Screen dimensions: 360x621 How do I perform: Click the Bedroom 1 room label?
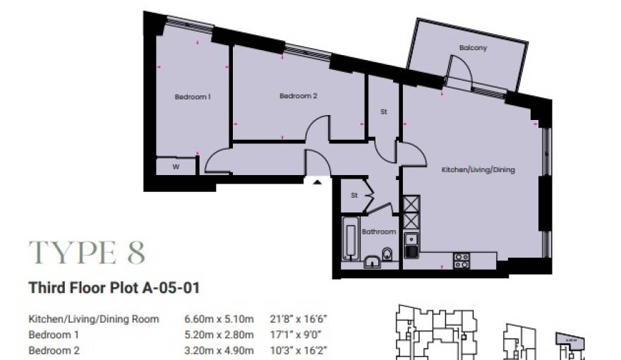pyautogui.click(x=193, y=97)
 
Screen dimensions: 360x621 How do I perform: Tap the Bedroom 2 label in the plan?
pyautogui.click(x=298, y=96)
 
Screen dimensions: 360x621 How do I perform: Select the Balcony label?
pyautogui.click(x=473, y=48)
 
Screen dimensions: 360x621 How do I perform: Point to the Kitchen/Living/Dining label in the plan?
pyautogui.click(x=478, y=170)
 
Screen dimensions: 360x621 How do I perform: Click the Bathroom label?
pyautogui.click(x=379, y=232)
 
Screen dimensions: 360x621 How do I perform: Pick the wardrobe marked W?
pyautogui.click(x=175, y=167)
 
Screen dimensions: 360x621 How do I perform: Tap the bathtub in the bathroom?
pyautogui.click(x=349, y=238)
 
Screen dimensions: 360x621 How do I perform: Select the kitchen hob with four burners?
pyautogui.click(x=462, y=260)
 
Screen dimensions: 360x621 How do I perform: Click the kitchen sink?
pyautogui.click(x=411, y=249)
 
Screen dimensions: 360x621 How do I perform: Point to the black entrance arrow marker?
pyautogui.click(x=318, y=182)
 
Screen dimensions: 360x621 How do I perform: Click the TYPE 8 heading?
pyautogui.click(x=87, y=252)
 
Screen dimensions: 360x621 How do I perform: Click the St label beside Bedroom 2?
pyautogui.click(x=384, y=112)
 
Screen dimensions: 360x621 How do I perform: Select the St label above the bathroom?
pyautogui.click(x=355, y=196)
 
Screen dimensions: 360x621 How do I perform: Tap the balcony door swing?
pyautogui.click(x=459, y=69)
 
